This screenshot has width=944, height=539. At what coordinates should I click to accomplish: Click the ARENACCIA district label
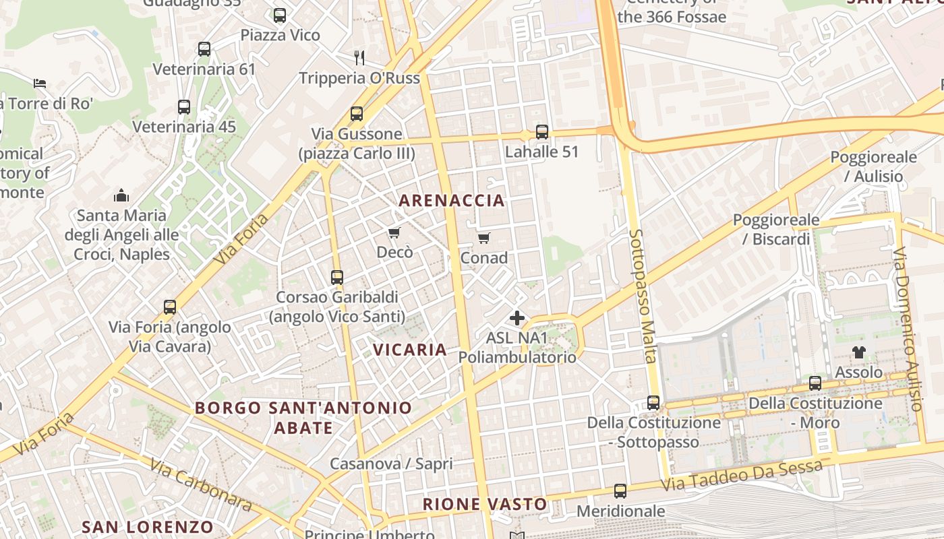click(x=451, y=200)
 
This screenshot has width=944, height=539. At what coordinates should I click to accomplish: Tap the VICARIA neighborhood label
click(x=410, y=350)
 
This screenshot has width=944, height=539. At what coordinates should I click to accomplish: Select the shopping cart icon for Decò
click(x=394, y=233)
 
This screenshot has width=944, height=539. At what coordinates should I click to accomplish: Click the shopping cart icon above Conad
click(x=483, y=238)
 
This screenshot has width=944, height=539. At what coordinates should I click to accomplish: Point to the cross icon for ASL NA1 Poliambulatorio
click(x=517, y=318)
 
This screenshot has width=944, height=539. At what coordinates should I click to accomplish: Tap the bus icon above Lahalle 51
click(x=542, y=132)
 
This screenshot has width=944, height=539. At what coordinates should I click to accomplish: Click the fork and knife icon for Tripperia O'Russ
click(x=359, y=58)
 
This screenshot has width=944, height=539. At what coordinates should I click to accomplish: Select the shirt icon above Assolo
click(x=858, y=352)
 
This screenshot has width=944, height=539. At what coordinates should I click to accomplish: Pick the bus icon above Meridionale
click(x=620, y=491)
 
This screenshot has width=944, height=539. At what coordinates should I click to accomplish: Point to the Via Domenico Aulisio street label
click(x=907, y=329)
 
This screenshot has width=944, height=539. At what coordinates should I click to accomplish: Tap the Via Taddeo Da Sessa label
click(x=742, y=476)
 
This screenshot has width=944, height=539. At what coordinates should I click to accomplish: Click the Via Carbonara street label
click(x=200, y=485)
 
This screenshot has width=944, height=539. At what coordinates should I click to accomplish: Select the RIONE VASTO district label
click(x=484, y=504)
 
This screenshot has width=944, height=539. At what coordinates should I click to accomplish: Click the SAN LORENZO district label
click(x=148, y=527)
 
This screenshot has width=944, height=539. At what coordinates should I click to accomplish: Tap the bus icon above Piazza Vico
click(x=280, y=15)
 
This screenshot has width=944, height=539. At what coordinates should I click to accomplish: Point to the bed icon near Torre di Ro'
click(x=40, y=84)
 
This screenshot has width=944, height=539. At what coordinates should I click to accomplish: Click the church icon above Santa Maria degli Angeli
click(x=121, y=196)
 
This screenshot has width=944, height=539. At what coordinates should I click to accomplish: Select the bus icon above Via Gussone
click(x=357, y=114)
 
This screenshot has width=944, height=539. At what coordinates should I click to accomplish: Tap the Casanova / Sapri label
click(x=391, y=464)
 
